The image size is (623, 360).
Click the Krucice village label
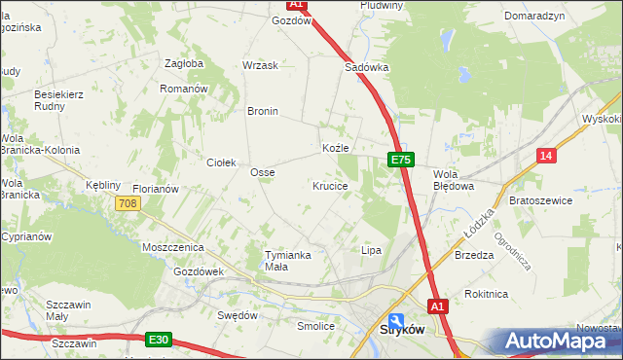(330, 185)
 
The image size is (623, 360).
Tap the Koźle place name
(334, 148)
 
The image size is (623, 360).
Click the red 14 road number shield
(546, 156)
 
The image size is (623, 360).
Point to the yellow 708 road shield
(127, 203)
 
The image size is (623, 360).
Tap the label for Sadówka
(367, 68)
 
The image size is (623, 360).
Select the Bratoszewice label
(540, 200)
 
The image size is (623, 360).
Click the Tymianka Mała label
(287, 261)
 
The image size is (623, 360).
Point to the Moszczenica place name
(170, 248)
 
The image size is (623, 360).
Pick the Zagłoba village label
(184, 64)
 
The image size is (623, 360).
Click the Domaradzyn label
(535, 18)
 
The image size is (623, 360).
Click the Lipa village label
(371, 250)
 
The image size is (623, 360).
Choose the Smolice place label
(315, 326)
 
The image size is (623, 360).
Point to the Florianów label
(156, 189)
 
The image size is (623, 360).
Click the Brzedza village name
(474, 255)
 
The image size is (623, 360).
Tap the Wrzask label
(260, 65)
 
